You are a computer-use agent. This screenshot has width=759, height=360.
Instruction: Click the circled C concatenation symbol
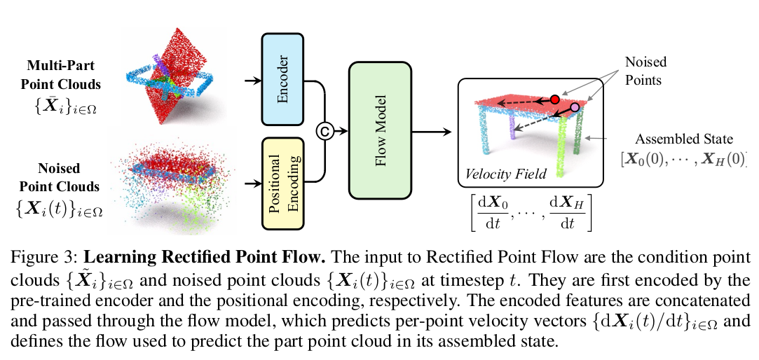pyautogui.click(x=325, y=130)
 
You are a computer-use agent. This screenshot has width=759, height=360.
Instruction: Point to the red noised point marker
pyautogui.click(x=555, y=99)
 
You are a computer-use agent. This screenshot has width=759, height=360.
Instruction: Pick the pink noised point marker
pyautogui.click(x=575, y=107)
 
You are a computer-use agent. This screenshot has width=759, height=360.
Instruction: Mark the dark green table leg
pyautogui.click(x=578, y=140)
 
